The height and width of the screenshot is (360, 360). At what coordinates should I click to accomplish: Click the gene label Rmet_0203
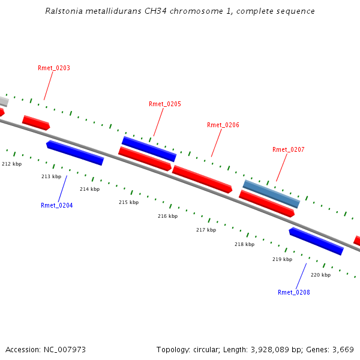coord(54,68)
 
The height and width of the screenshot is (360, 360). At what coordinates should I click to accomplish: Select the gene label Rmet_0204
coord(57,206)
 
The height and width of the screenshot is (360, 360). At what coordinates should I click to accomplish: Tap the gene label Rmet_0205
coord(165,104)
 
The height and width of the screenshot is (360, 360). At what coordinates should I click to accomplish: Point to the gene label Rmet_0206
coord(223,125)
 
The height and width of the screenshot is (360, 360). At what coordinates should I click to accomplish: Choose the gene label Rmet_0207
coord(289,150)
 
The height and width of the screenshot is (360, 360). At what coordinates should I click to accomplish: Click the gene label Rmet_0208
coord(294,293)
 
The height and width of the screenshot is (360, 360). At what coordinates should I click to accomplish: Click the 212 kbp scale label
coord(12,164)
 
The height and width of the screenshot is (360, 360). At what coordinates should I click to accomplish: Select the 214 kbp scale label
coord(89,190)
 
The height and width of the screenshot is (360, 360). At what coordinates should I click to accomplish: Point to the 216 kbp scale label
coord(167,216)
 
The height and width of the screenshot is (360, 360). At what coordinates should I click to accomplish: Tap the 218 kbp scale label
coord(244,245)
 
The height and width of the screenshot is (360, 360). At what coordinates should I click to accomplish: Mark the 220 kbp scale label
coord(320,275)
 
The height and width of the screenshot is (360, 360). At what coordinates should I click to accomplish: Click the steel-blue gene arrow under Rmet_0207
coord(271,194)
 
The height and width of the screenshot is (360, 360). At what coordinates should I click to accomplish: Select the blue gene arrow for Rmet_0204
coord(75,153)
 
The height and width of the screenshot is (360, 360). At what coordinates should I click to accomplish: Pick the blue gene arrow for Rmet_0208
coord(316,241)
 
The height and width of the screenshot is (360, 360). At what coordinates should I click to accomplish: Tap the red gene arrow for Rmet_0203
coord(36,122)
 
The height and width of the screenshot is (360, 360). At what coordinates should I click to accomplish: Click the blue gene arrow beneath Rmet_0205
coord(149,149)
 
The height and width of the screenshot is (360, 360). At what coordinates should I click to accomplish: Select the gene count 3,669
coord(343,349)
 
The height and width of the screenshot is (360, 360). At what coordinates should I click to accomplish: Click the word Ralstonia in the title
coord(63,11)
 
